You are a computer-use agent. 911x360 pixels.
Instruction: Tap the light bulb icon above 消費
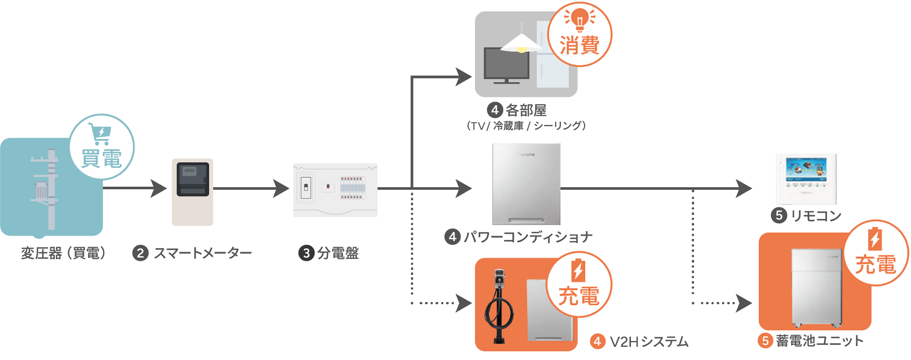pyautogui.click(x=580, y=19)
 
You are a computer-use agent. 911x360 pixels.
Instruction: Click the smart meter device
pyautogui.click(x=192, y=192)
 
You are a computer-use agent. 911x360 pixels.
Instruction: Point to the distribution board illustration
pyautogui.click(x=335, y=190)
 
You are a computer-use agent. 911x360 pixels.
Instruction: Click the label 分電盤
pyautogui.click(x=338, y=253)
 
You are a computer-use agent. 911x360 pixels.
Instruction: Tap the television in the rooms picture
pyautogui.click(x=507, y=65)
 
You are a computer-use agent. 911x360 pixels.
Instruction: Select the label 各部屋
pyautogui.click(x=526, y=110)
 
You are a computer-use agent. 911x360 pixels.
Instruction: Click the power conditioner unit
pyautogui.click(x=526, y=184)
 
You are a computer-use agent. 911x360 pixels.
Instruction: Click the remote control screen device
pyautogui.click(x=807, y=179)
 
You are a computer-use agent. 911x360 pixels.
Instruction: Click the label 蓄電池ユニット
pyautogui.click(x=820, y=341)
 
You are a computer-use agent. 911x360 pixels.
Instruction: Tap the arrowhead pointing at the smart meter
pyautogui.click(x=159, y=188)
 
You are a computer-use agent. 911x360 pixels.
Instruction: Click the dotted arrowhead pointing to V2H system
pyautogui.click(x=464, y=303)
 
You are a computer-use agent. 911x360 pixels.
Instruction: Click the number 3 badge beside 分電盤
pyautogui.click(x=306, y=253)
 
